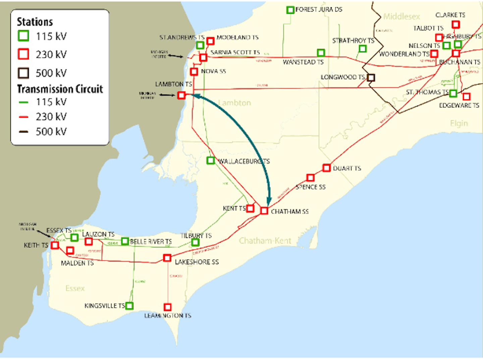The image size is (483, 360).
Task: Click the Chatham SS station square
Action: (x=264, y=211)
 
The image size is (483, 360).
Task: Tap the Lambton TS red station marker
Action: (x=181, y=95)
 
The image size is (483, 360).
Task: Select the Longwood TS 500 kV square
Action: (x=371, y=77)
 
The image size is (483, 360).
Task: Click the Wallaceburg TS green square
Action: (x=210, y=160)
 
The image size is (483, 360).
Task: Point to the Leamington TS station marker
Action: (x=167, y=307)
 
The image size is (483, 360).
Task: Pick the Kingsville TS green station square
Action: (x=129, y=305)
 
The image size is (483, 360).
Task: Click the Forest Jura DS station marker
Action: (x=290, y=10)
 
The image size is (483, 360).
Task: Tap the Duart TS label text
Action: (x=347, y=168)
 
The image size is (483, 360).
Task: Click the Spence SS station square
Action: (x=310, y=177)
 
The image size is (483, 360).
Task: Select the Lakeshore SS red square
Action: (x=167, y=257)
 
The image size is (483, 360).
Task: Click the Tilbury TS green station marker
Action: (x=195, y=242)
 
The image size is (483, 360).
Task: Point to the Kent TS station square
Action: (x=250, y=208)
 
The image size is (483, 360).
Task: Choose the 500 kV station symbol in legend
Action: (x=23, y=73)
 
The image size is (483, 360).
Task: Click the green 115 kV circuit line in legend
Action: (x=23, y=102)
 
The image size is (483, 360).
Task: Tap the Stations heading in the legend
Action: (x=35, y=22)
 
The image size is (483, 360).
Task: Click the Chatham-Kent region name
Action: (x=265, y=240)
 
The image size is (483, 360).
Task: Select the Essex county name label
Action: (x=75, y=288)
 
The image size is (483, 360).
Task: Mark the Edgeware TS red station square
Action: (x=466, y=97)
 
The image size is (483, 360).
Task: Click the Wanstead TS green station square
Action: (x=321, y=52)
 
